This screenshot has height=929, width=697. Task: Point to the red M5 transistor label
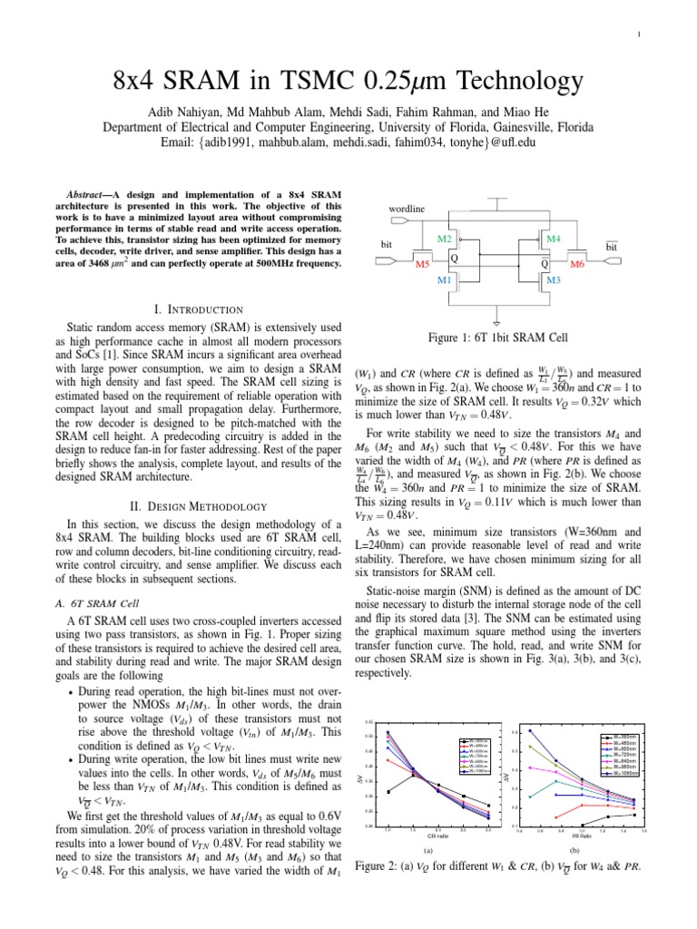click(x=422, y=265)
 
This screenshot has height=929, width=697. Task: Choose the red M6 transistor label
click(x=577, y=265)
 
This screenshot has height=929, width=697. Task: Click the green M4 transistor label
click(x=554, y=239)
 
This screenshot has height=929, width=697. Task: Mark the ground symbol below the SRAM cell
click(x=497, y=320)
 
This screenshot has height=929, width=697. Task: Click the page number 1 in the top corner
click(x=665, y=35)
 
